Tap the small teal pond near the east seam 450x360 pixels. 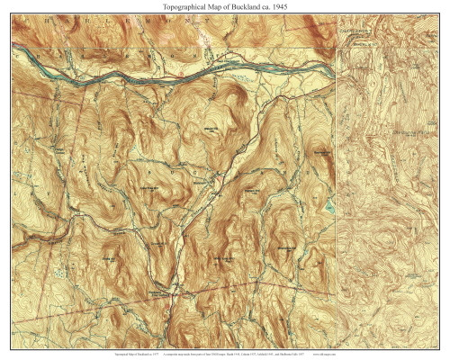point(330,208)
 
